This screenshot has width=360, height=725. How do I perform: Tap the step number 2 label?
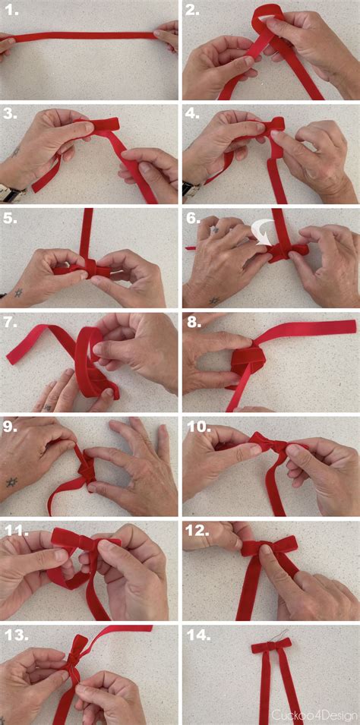[x=194, y=11]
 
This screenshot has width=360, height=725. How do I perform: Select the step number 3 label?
[x=12, y=115]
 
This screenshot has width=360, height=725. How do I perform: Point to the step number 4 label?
[x=194, y=115]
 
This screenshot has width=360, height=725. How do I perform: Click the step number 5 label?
[x=12, y=218]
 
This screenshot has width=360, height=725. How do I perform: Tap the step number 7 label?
[x=12, y=322]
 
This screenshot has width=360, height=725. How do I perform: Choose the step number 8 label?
[x=194, y=322]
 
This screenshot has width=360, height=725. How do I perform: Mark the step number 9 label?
[x=12, y=426]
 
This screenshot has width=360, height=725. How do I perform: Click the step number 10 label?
[x=199, y=426]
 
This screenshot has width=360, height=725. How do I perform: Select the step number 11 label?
[x=16, y=530]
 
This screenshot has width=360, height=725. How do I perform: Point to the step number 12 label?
[x=199, y=530]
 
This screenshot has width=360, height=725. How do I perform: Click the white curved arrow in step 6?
[x=264, y=231]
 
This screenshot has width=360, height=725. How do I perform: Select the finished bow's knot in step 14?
[x=272, y=646]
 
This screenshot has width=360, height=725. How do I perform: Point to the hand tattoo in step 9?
[x=12, y=482]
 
